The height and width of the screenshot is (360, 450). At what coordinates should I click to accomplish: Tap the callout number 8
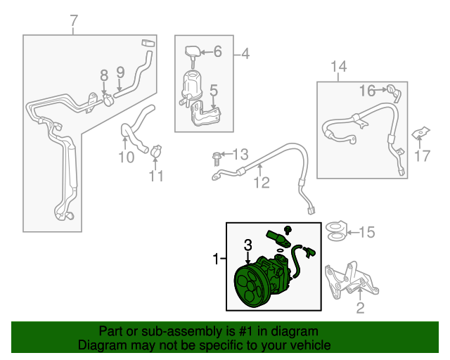[103, 75]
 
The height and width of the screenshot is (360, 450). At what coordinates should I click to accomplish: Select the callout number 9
[120, 72]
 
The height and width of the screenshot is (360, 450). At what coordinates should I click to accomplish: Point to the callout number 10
[126, 157]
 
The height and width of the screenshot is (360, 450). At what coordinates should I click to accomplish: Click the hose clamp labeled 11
[155, 149]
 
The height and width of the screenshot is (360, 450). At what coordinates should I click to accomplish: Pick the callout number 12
[262, 184]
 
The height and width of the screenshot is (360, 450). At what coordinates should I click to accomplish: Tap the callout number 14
[338, 67]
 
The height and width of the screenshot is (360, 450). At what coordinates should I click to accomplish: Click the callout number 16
[367, 90]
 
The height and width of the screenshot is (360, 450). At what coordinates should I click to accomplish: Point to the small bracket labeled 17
[420, 132]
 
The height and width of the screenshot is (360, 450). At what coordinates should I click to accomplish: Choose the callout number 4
[245, 53]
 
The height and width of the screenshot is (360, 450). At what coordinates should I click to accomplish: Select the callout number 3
[247, 245]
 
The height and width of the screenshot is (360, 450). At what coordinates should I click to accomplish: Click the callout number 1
[216, 260]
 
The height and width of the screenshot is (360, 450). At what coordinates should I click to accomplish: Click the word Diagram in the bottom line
[99, 346]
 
